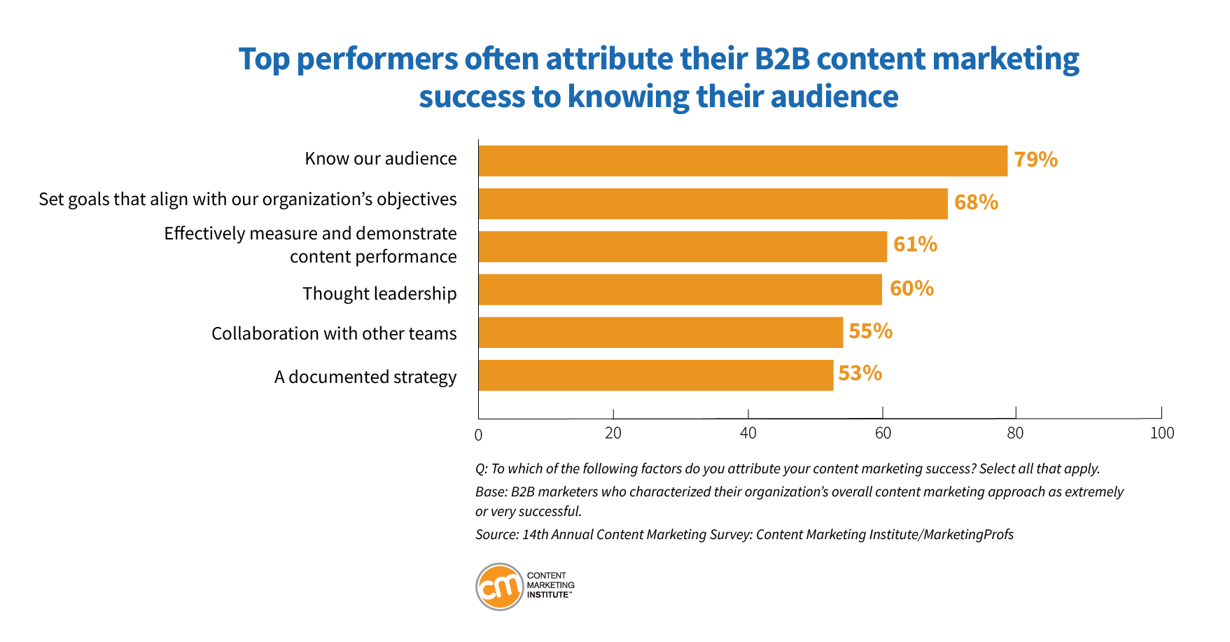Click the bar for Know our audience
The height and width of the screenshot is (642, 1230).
(x=742, y=161)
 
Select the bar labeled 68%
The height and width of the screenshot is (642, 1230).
(x=713, y=204)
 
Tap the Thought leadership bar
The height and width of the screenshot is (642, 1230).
(x=680, y=289)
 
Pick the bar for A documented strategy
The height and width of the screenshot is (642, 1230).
(x=656, y=375)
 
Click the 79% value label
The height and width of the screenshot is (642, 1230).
(x=1035, y=160)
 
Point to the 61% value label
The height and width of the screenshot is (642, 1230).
(x=915, y=244)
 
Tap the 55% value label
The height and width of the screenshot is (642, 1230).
(x=870, y=331)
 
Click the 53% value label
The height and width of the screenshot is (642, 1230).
(x=860, y=373)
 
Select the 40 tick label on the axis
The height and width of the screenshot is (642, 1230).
(x=748, y=433)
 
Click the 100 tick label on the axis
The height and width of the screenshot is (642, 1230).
(x=1161, y=433)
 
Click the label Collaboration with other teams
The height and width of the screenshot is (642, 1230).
(x=334, y=333)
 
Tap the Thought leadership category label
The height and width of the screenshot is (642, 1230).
(x=379, y=293)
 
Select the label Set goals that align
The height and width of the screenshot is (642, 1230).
(x=248, y=200)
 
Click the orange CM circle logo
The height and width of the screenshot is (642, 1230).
(x=500, y=587)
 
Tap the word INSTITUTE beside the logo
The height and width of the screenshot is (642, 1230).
(x=548, y=595)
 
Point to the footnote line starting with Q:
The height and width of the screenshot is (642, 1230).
(x=788, y=469)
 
